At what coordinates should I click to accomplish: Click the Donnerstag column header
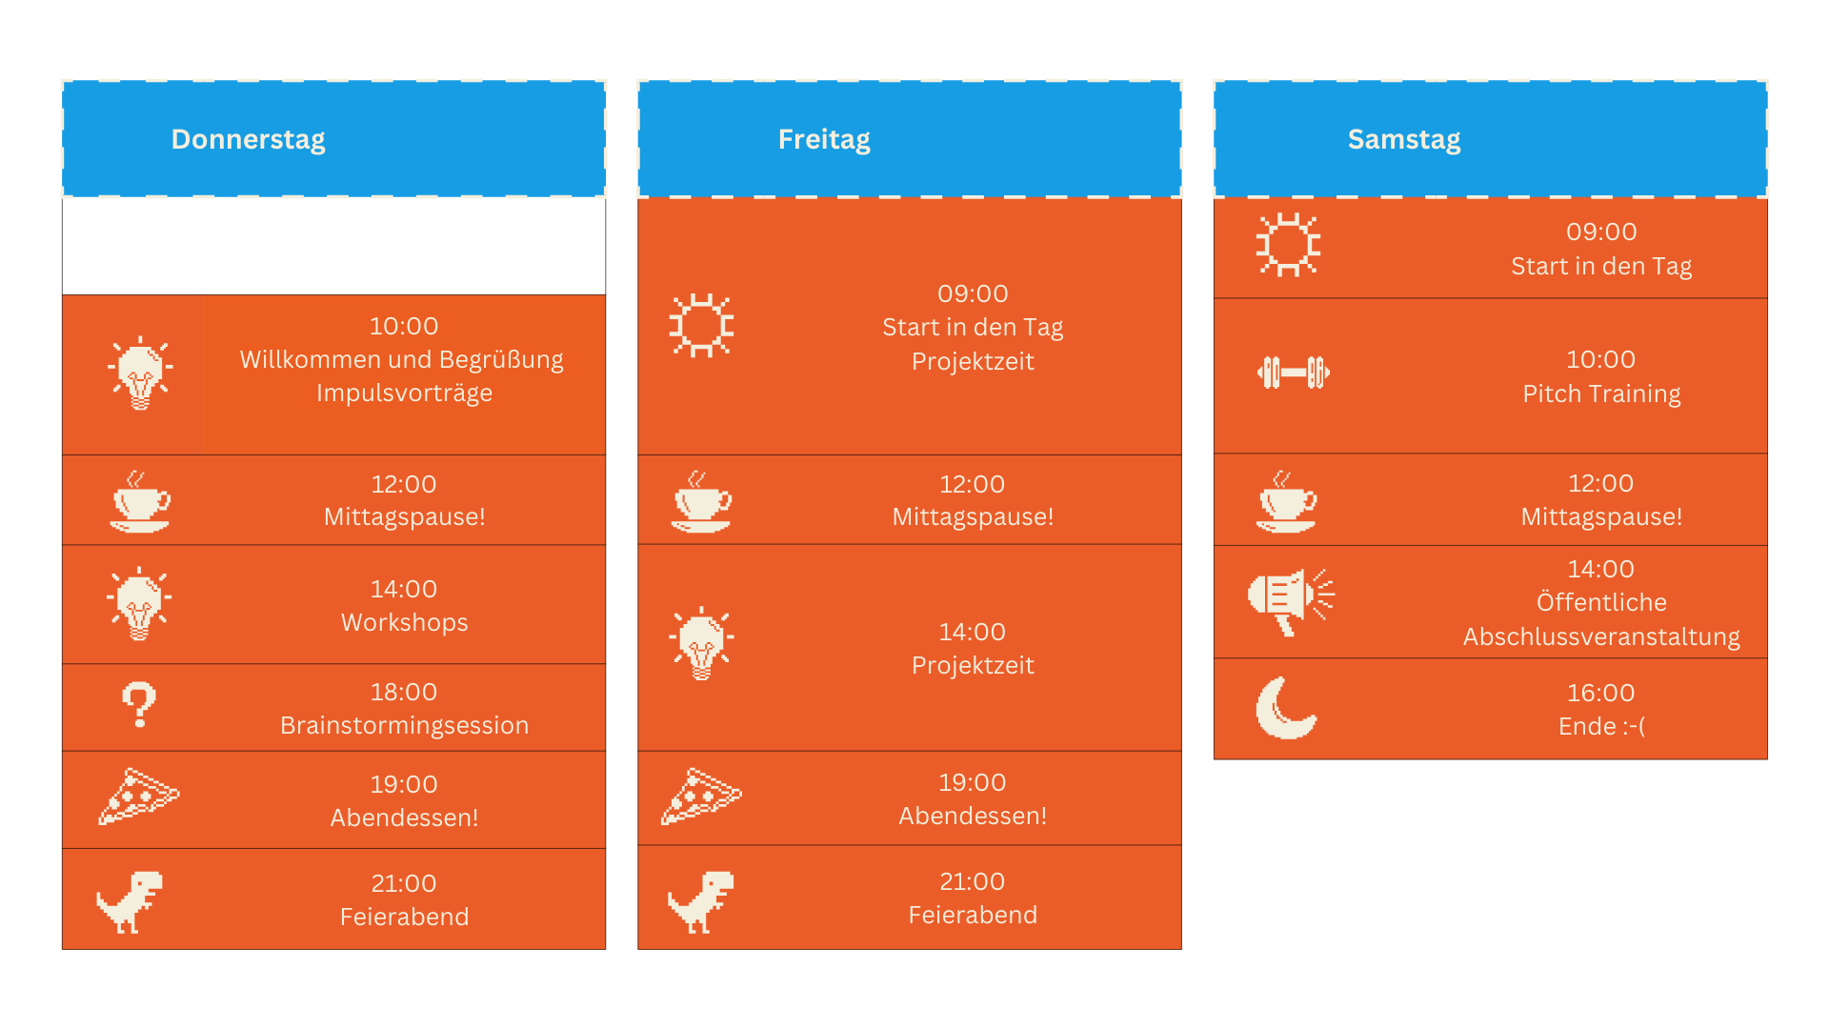[x=248, y=139]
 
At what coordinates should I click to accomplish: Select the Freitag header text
[x=824, y=139]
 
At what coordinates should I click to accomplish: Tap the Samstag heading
[x=1403, y=139]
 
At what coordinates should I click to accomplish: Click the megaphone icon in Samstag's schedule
[x=1290, y=601]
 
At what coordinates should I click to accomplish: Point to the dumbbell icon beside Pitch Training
[x=1293, y=373]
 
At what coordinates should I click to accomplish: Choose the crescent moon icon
[x=1285, y=709]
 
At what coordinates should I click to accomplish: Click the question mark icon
[x=139, y=705]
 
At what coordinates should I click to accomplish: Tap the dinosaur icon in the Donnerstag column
[x=131, y=901]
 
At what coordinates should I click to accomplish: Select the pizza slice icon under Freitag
[x=701, y=796]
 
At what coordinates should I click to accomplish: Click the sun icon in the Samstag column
[x=1288, y=245]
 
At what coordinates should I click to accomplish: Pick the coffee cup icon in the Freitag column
[x=702, y=501]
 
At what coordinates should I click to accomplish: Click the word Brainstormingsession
[x=404, y=725]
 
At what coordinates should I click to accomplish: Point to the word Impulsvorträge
[x=404, y=393]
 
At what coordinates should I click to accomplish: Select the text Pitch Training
[x=1600, y=393]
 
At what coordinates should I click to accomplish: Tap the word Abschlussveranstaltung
[x=1600, y=636]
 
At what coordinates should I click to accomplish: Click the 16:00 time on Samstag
[x=1600, y=693]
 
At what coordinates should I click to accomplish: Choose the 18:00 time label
[x=404, y=692]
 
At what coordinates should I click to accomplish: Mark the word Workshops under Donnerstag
[x=404, y=622]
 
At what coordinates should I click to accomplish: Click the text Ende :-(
[x=1600, y=726]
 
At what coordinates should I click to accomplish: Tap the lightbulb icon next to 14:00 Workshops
[x=139, y=603]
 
